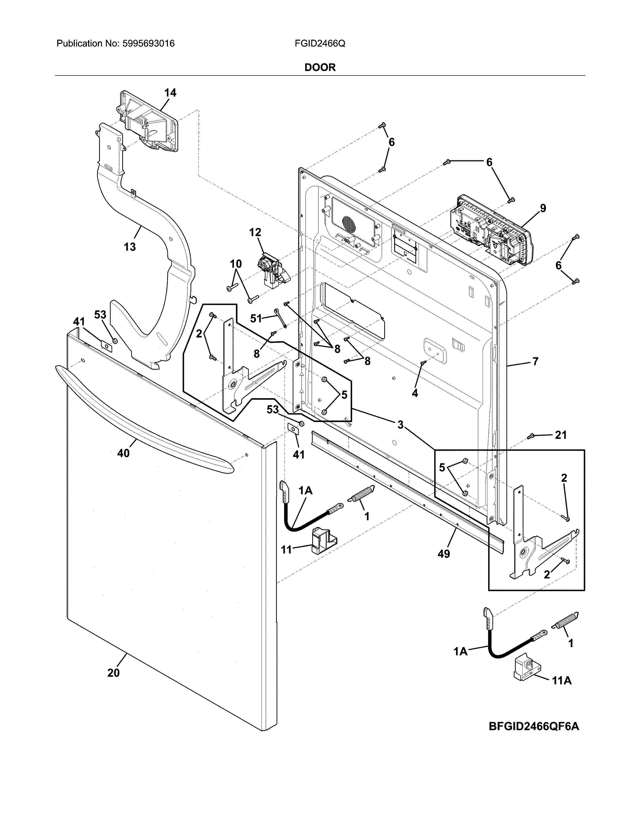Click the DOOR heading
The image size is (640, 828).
[x=320, y=67]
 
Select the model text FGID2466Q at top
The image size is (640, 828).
[x=319, y=44]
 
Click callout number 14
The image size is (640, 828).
[x=170, y=93]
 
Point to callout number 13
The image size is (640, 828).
[x=130, y=247]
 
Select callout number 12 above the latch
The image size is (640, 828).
[x=255, y=232]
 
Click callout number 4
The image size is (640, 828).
[x=415, y=393]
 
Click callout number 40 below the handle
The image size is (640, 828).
[x=123, y=453]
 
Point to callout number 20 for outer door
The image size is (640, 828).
[x=113, y=673]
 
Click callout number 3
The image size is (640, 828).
[x=400, y=425]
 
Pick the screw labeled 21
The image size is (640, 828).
[x=532, y=437]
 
